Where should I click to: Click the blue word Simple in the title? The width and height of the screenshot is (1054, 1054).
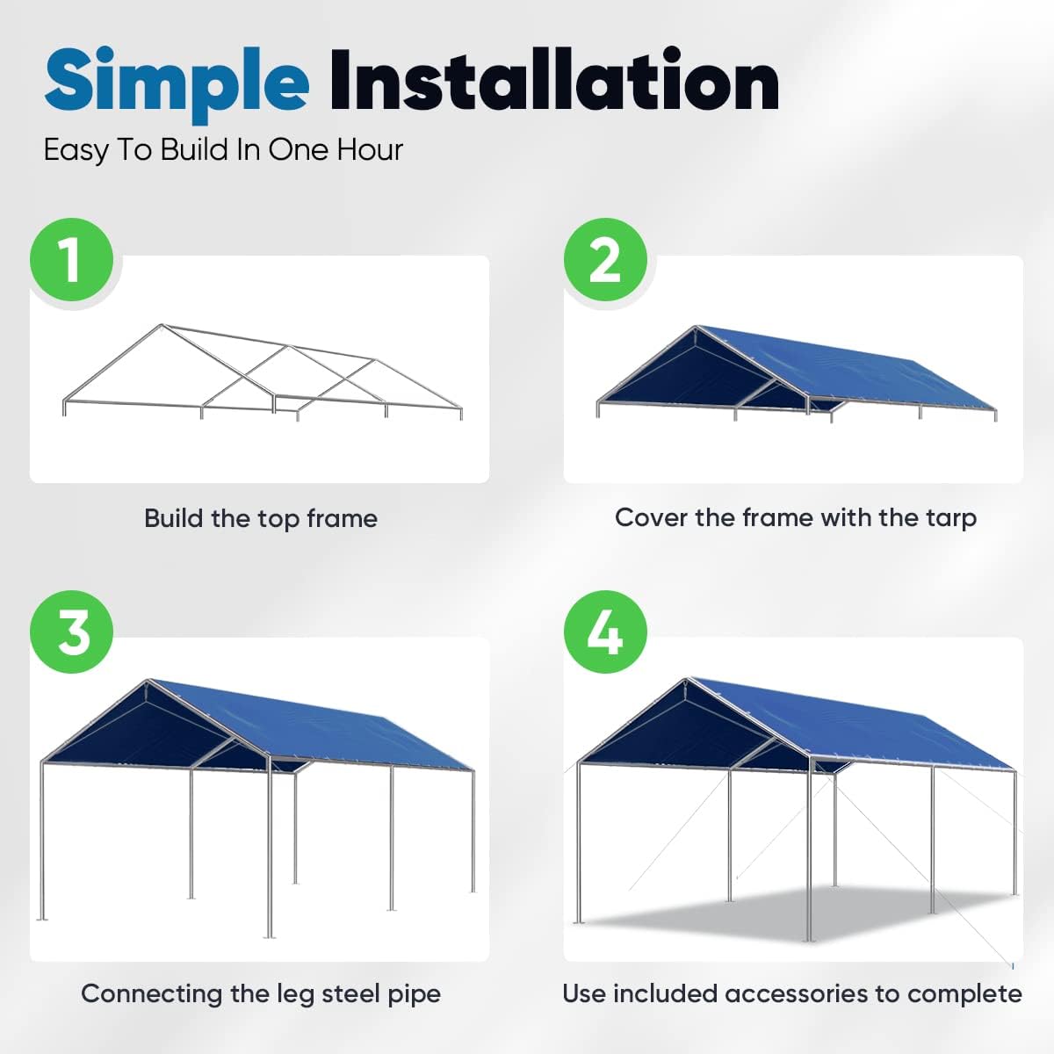tap(177, 85)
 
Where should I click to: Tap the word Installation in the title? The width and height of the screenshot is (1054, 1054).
tap(554, 81)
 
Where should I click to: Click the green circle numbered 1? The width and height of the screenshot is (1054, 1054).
tap(72, 259)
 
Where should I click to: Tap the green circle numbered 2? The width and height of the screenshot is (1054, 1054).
tap(605, 259)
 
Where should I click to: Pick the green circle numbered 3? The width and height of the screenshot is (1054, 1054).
tap(72, 632)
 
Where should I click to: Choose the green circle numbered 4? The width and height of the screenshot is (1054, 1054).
tap(605, 632)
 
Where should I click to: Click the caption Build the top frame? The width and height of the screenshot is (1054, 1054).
tap(261, 518)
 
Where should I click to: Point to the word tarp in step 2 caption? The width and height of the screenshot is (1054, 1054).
tap(951, 518)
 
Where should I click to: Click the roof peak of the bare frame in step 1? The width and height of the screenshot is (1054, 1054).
tap(162, 325)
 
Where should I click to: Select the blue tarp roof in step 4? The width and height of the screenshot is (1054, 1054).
tap(848, 721)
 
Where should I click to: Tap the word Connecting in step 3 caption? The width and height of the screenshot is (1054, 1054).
tap(152, 994)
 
